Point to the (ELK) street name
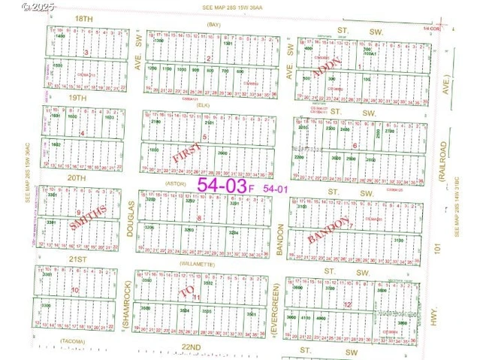coord(202,105)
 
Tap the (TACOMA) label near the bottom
coord(74,343)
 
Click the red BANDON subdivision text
coord(328,232)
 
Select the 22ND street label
coord(191,346)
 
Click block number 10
coord(74,290)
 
